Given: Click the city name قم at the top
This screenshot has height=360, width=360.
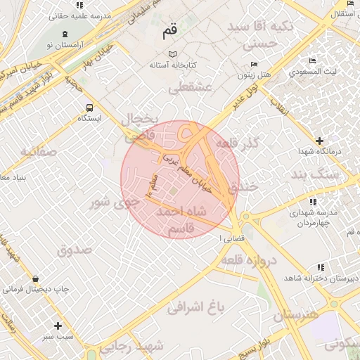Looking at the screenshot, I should click(170, 31).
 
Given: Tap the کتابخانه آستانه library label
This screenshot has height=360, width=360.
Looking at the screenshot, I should click(172, 65).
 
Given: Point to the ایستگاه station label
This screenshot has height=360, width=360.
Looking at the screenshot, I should click(89, 118).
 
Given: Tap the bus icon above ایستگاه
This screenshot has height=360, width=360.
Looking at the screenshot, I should click(89, 108).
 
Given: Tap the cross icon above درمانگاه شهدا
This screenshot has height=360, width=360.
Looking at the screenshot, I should click(320, 141).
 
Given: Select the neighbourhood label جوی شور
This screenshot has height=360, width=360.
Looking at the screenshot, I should click(112, 204).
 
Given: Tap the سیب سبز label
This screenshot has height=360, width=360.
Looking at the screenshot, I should click(58, 337).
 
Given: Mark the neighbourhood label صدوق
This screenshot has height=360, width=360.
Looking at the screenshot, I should click(75, 250).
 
